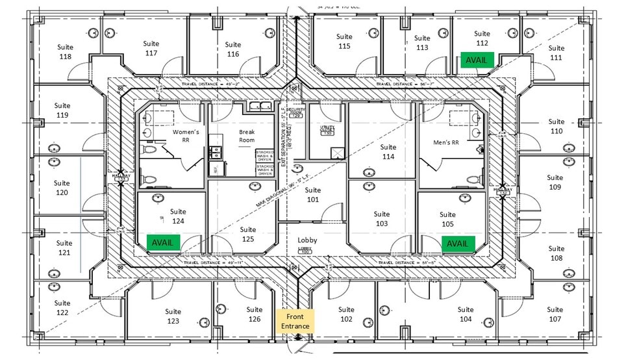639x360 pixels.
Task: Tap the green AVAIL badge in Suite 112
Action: [476, 60]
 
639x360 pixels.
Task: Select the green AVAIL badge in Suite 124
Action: [163, 242]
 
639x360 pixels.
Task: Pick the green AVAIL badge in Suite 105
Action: [457, 244]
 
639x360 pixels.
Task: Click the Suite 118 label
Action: [65, 52]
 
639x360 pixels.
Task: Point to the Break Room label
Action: [247, 136]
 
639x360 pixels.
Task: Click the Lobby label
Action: [307, 240]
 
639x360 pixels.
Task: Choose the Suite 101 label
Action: [313, 195]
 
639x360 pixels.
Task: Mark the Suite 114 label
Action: [388, 152]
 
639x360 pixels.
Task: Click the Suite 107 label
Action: [555, 315]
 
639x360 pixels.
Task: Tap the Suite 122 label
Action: [62, 308]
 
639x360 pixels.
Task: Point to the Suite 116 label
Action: [233, 49]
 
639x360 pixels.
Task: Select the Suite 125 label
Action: [247, 234]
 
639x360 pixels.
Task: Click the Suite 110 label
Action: [556, 126]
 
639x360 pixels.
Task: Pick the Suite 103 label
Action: [382, 219]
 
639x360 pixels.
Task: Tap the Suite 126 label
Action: [255, 315]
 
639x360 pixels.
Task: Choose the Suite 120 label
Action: [62, 188]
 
